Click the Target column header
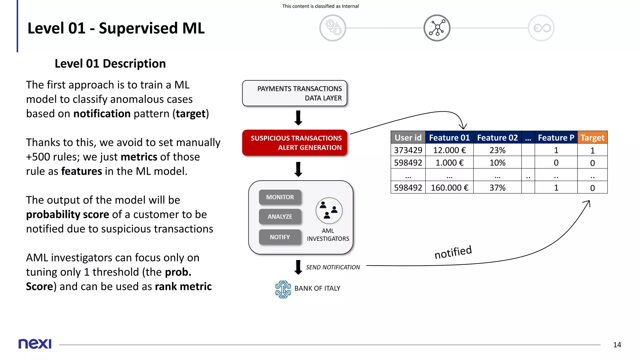(x=592, y=137)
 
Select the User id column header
(x=408, y=137)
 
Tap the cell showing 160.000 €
(x=449, y=187)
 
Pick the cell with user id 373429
(x=408, y=150)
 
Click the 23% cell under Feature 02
(x=497, y=150)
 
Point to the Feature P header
(x=556, y=137)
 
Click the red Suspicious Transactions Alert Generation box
(x=295, y=143)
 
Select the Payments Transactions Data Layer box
(x=295, y=93)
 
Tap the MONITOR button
(x=280, y=197)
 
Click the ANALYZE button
(x=280, y=217)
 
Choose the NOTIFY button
(x=280, y=237)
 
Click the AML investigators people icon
(x=329, y=211)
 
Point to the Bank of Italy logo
(x=283, y=289)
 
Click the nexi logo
(x=35, y=344)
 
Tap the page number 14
(x=617, y=345)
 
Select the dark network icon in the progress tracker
(x=437, y=28)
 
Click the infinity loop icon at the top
(x=541, y=28)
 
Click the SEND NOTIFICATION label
(x=333, y=267)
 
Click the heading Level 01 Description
(x=110, y=63)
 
